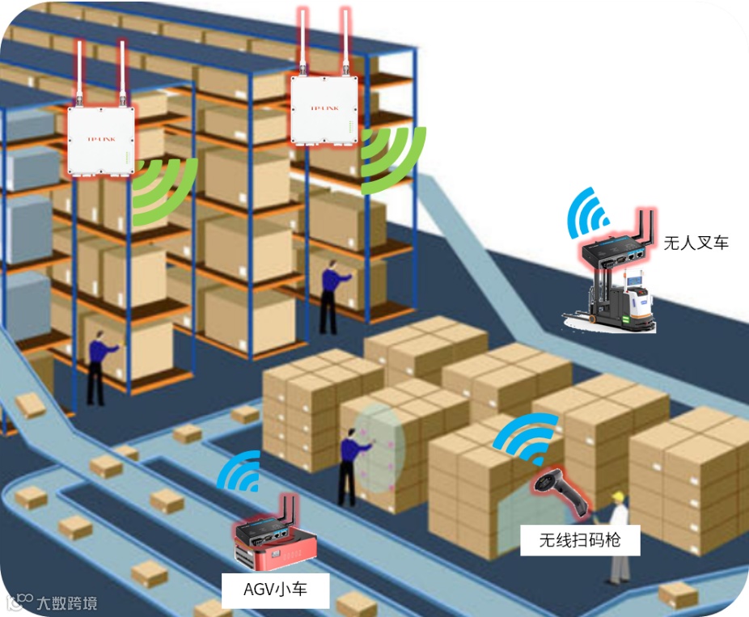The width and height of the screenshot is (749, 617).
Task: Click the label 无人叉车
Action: [696, 242]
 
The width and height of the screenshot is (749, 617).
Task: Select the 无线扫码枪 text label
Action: [579, 539]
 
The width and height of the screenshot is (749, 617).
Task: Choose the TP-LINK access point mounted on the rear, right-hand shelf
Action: [324, 110]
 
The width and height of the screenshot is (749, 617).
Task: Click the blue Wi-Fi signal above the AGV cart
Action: [239, 472]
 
